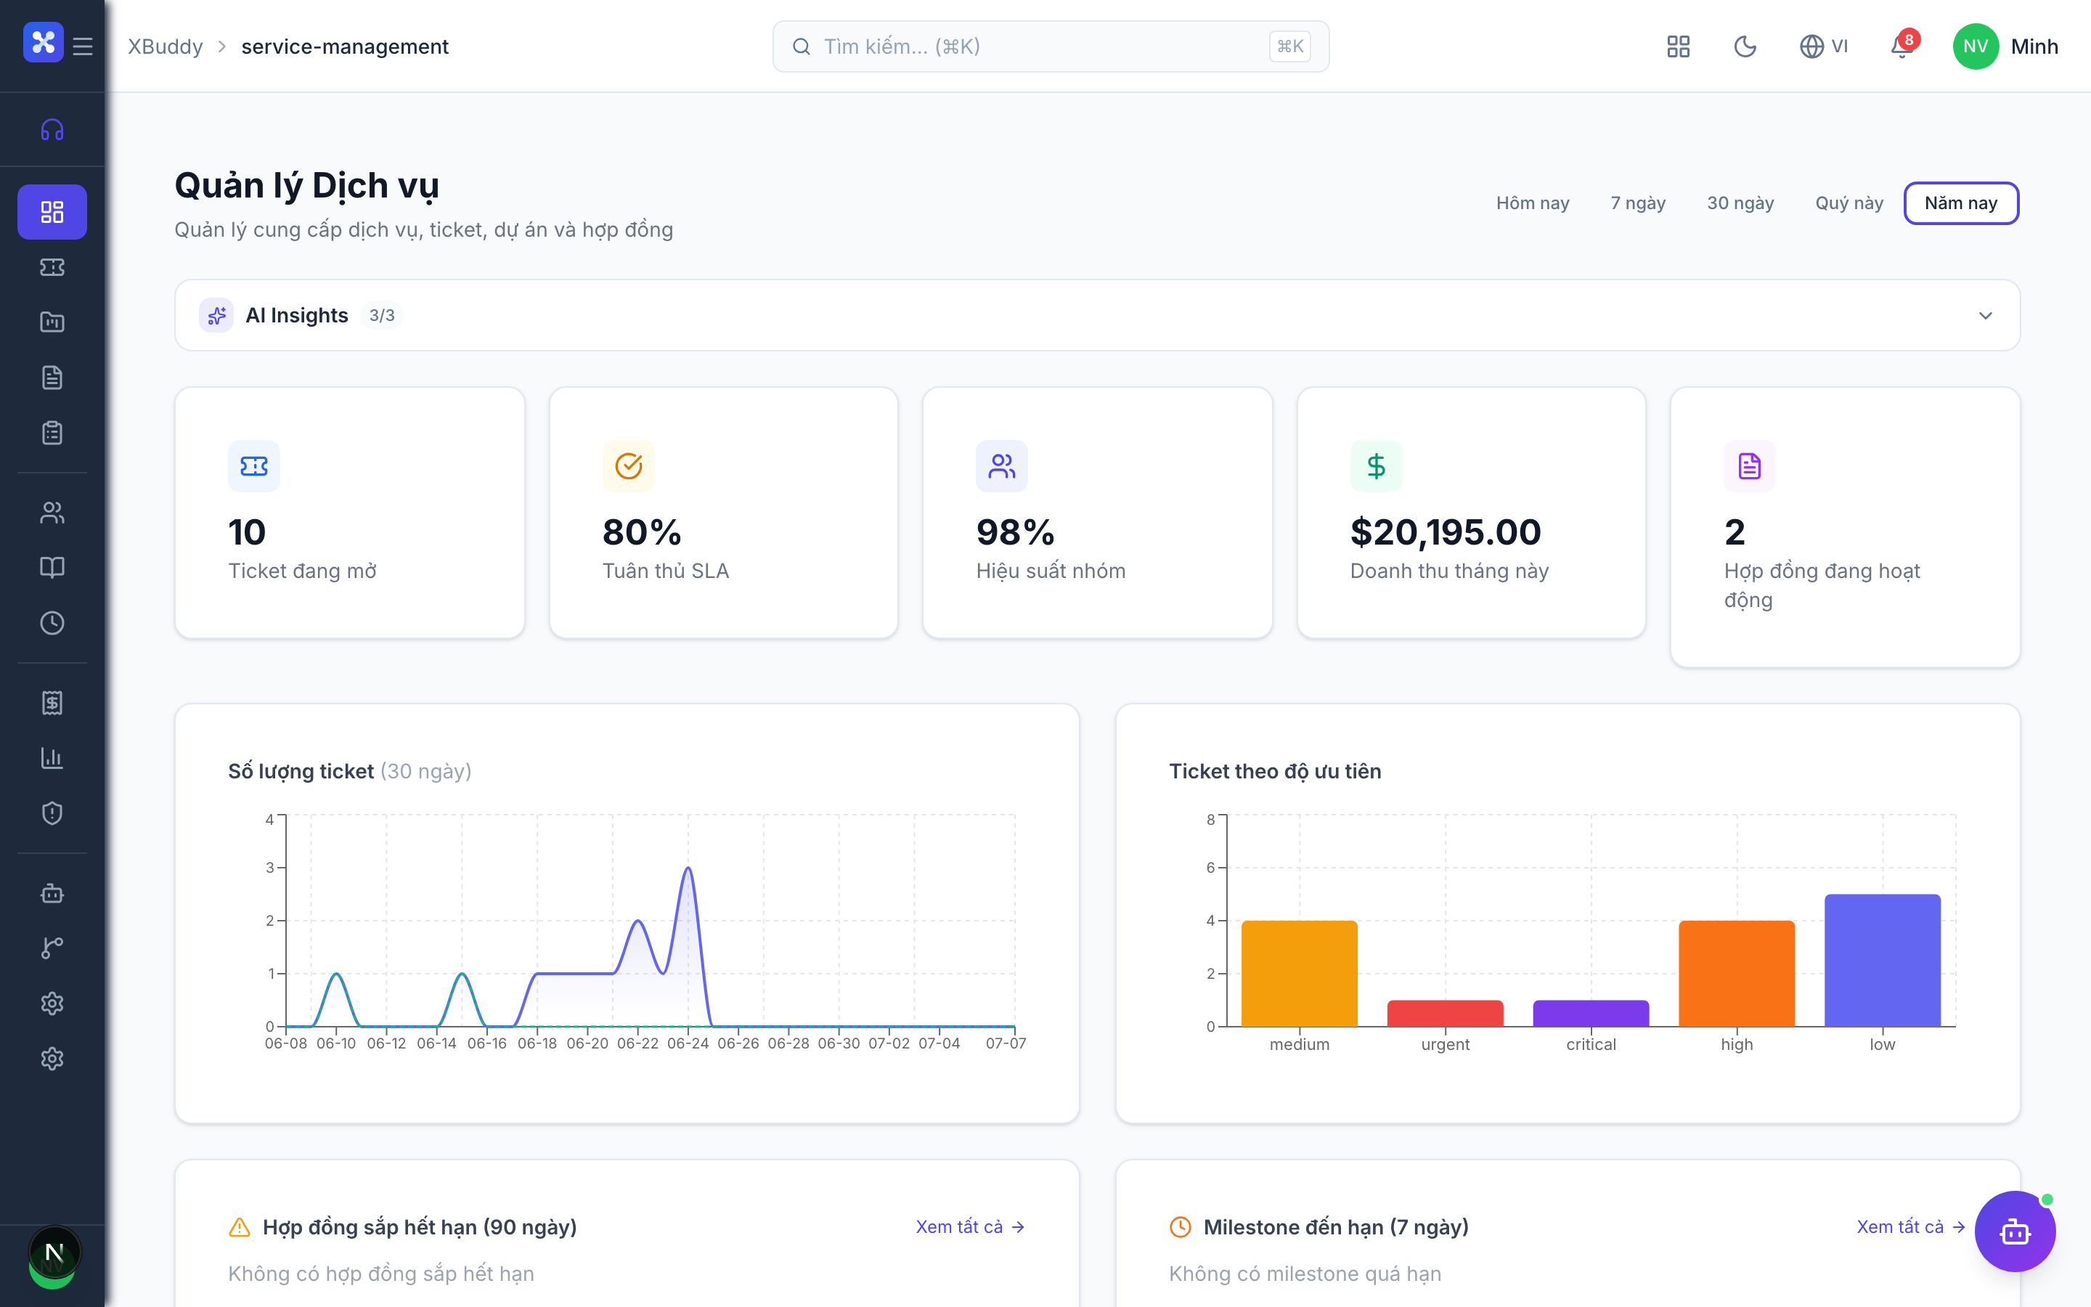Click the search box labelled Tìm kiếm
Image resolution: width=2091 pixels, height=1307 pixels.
[1050, 46]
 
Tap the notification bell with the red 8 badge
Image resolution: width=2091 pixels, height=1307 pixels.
[1902, 46]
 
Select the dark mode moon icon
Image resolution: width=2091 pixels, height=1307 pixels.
[1745, 46]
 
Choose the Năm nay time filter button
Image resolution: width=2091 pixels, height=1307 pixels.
[1960, 203]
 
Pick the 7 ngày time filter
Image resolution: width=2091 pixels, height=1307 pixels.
[1637, 203]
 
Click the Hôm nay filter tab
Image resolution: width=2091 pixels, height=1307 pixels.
[1532, 203]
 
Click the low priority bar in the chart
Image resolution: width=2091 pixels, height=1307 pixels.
[1882, 961]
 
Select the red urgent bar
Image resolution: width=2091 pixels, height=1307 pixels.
[1445, 1013]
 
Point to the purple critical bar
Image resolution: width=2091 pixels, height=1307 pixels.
[1591, 1013]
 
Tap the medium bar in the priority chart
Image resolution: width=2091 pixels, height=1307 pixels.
[1300, 973]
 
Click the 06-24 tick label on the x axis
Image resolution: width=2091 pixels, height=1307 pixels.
[688, 1043]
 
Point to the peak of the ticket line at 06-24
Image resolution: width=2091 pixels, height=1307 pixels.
[688, 868]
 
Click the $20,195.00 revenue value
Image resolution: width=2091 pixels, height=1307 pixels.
[1446, 532]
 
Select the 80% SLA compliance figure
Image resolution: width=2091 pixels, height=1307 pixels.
[642, 532]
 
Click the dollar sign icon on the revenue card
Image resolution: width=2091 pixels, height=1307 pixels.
[1376, 466]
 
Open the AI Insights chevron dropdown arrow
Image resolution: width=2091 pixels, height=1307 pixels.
[1986, 316]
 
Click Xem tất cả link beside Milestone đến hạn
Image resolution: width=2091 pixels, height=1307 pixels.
[1910, 1226]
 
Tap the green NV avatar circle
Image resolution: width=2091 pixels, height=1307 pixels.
[1976, 46]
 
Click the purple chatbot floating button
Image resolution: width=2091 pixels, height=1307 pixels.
[2015, 1231]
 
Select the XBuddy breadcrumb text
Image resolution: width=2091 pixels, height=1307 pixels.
[165, 46]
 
